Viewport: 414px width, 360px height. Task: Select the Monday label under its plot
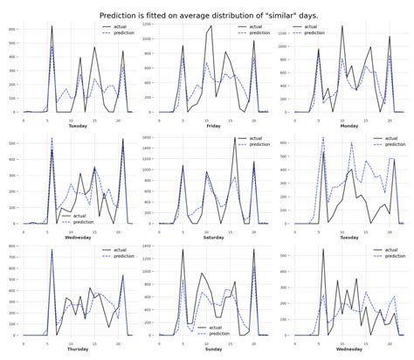tap(348, 126)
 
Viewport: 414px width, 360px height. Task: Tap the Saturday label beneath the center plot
tap(213, 237)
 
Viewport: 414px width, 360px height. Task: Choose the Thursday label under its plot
tap(77, 348)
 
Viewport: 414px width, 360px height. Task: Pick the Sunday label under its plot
tap(213, 348)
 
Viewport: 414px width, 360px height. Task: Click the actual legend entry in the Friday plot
tap(255, 26)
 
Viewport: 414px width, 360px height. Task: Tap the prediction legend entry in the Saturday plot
tap(259, 143)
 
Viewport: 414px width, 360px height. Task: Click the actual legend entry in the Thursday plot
tap(118, 248)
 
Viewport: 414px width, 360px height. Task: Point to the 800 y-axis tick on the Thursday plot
tap(13, 247)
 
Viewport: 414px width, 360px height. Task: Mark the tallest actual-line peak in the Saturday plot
tap(236, 137)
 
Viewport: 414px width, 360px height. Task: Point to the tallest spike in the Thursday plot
tap(52, 251)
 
